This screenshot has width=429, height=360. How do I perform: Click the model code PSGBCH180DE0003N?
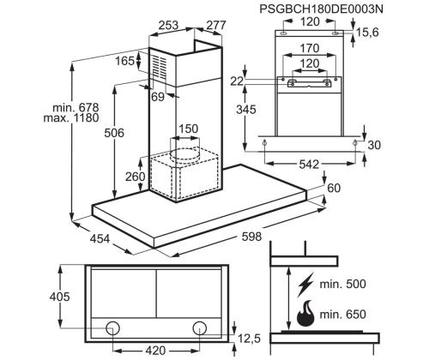(x=321, y=9)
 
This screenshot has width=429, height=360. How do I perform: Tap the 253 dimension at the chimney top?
(x=168, y=25)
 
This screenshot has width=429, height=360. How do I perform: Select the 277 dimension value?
(x=216, y=25)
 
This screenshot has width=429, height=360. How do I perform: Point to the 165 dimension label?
(x=124, y=61)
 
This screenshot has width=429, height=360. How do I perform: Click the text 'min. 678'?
(x=76, y=108)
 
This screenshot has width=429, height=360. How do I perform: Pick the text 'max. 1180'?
(x=71, y=117)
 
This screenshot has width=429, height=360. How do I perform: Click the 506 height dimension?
(x=114, y=133)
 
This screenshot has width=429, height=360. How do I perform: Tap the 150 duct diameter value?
(x=188, y=129)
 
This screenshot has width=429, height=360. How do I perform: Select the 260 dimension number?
(x=135, y=177)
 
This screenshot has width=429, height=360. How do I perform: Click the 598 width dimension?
(x=251, y=237)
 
